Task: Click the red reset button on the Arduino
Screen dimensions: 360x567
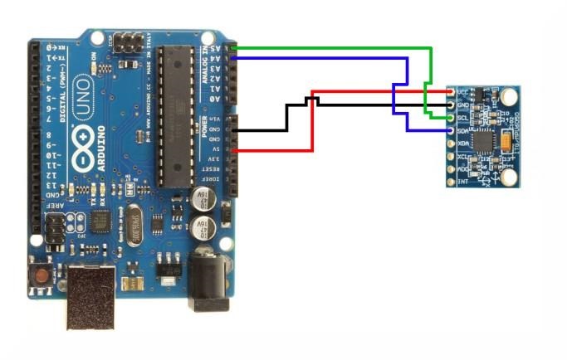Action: click(39, 273)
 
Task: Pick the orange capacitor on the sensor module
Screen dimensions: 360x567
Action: click(505, 143)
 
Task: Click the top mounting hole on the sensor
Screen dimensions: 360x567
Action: click(506, 97)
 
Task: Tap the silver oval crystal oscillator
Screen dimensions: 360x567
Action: click(134, 224)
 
